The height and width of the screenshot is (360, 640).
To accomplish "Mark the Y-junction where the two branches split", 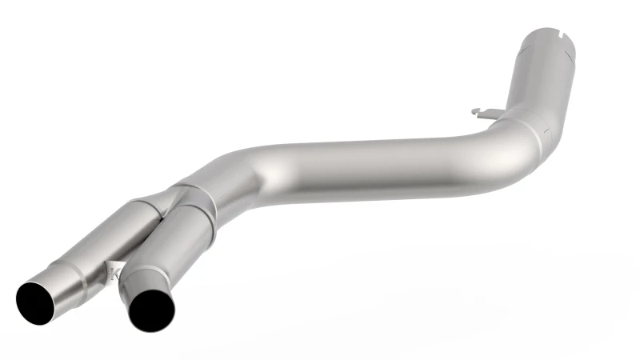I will (x=179, y=192).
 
